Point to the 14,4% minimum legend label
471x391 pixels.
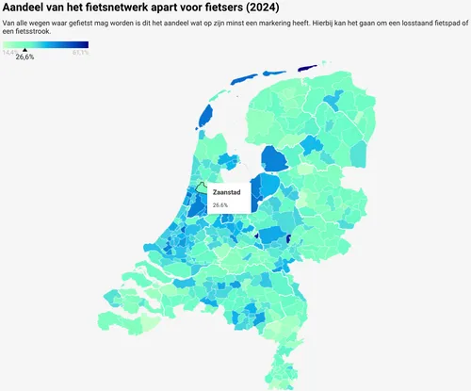[x=10, y=53]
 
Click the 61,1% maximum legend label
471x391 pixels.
[x=80, y=53]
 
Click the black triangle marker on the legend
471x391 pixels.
[x=24, y=50]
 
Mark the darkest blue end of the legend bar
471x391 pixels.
[x=86, y=43]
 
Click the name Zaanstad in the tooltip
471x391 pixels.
[x=226, y=192]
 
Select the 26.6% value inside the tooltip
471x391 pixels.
[x=220, y=204]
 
